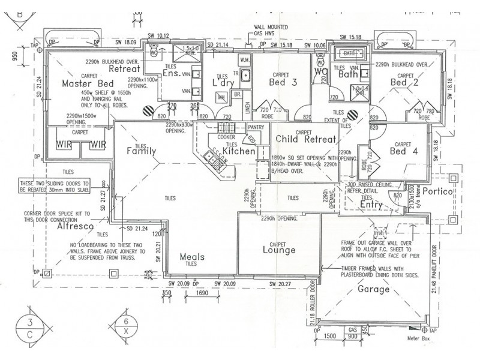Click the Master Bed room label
click(88, 84)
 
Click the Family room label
click(142, 152)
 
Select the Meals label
click(193, 256)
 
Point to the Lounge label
click(277, 250)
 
